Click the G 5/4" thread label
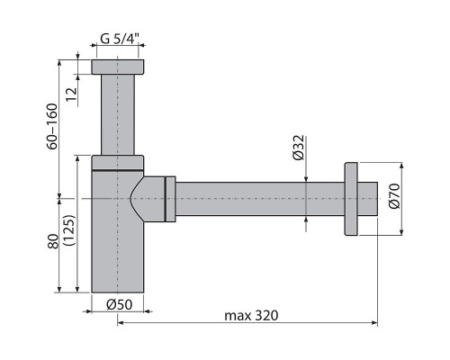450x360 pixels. coord(122,39)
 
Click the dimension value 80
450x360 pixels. coord(52,241)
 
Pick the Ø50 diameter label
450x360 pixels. coord(119,304)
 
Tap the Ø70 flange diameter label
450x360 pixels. coord(393,199)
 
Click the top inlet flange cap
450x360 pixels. coord(119,67)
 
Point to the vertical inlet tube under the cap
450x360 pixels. coord(119,112)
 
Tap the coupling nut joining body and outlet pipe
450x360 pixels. coord(169,199)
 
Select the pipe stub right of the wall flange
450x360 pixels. coord(368,199)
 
